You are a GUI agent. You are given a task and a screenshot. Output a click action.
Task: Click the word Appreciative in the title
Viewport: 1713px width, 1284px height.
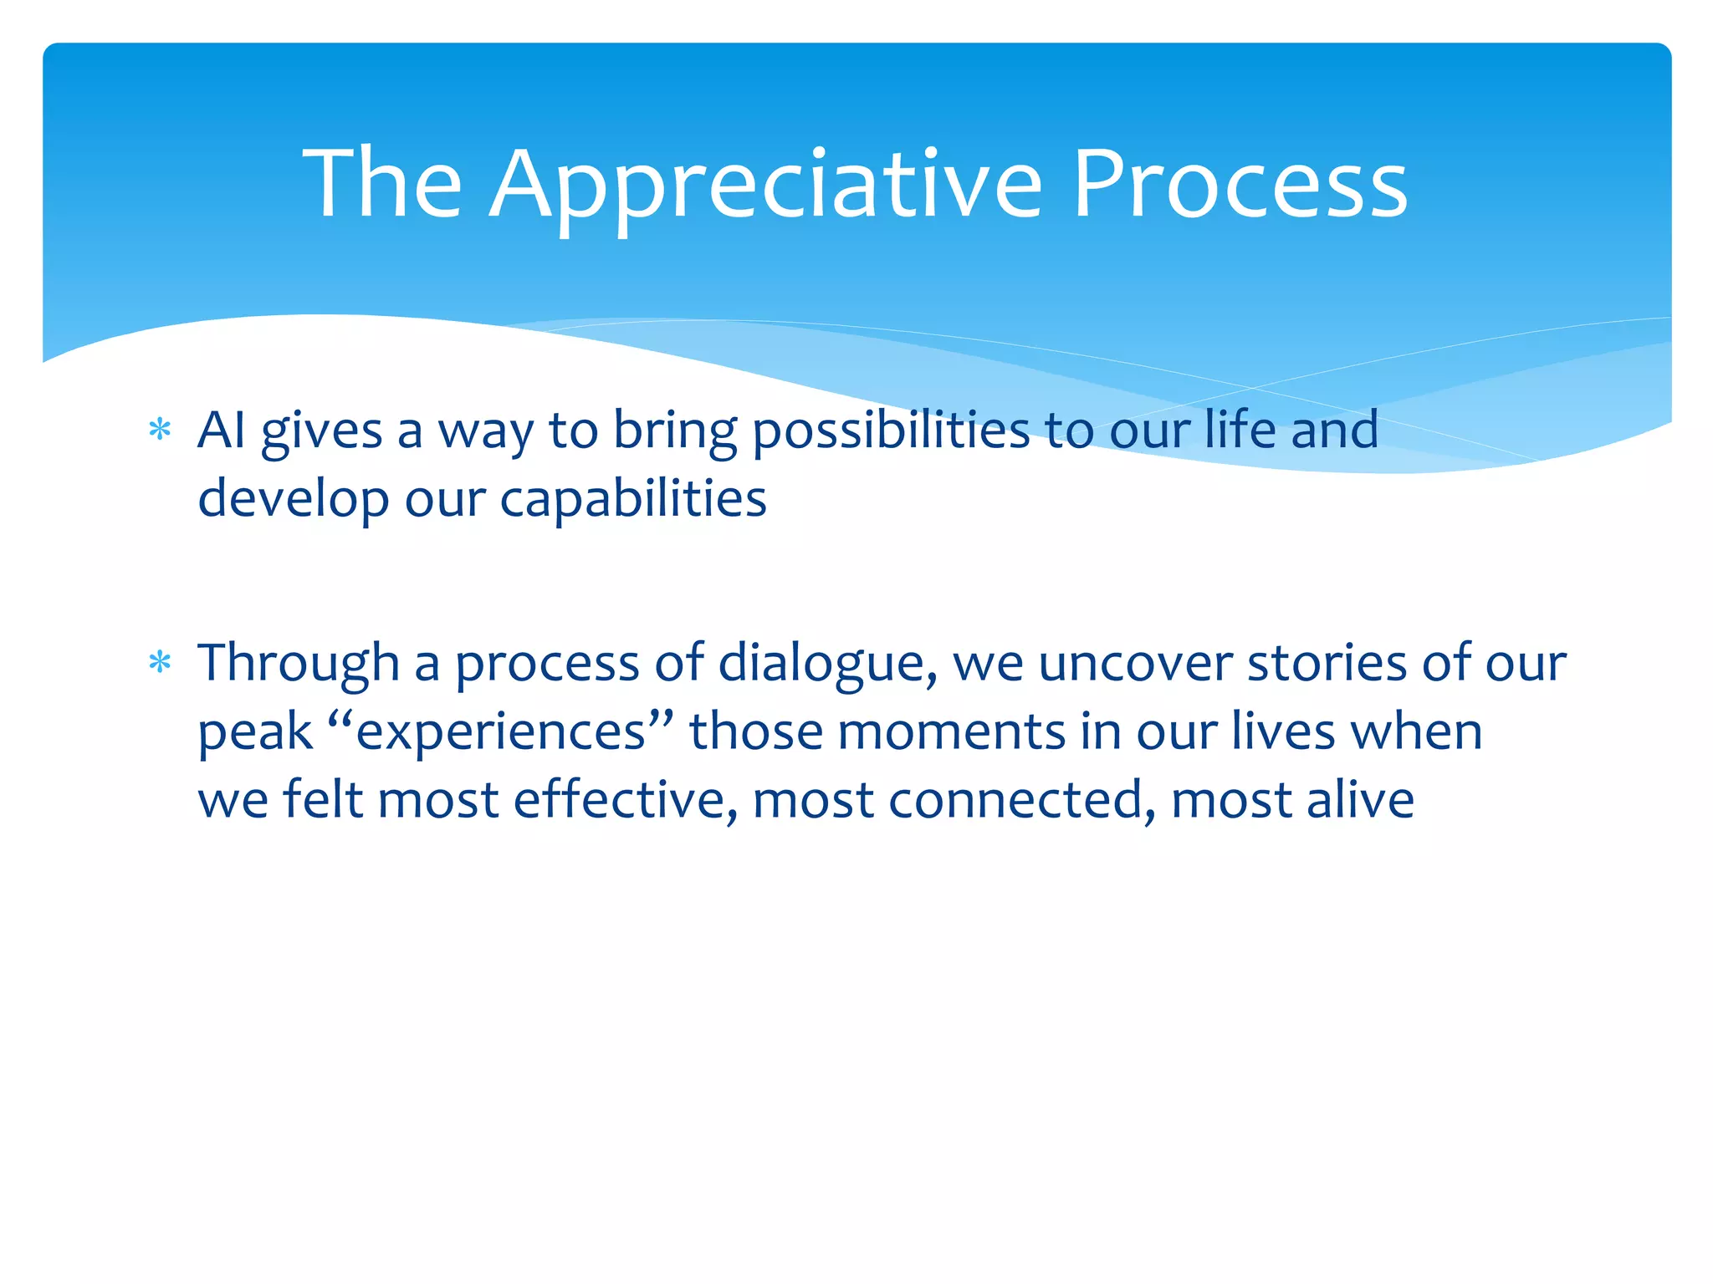click(765, 186)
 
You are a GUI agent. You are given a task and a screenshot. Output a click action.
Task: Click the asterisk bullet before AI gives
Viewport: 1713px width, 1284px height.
click(159, 431)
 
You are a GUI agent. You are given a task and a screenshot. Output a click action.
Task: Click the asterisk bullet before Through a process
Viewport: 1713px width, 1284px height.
click(159, 664)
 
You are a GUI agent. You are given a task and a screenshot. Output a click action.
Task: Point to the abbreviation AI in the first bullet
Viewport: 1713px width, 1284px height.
click(221, 430)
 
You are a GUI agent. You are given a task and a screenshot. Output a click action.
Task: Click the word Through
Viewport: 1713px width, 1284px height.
click(298, 664)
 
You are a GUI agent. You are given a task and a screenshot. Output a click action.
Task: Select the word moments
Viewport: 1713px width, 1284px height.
click(950, 732)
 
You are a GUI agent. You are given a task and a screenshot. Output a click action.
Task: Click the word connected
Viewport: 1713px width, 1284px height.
click(1015, 800)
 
